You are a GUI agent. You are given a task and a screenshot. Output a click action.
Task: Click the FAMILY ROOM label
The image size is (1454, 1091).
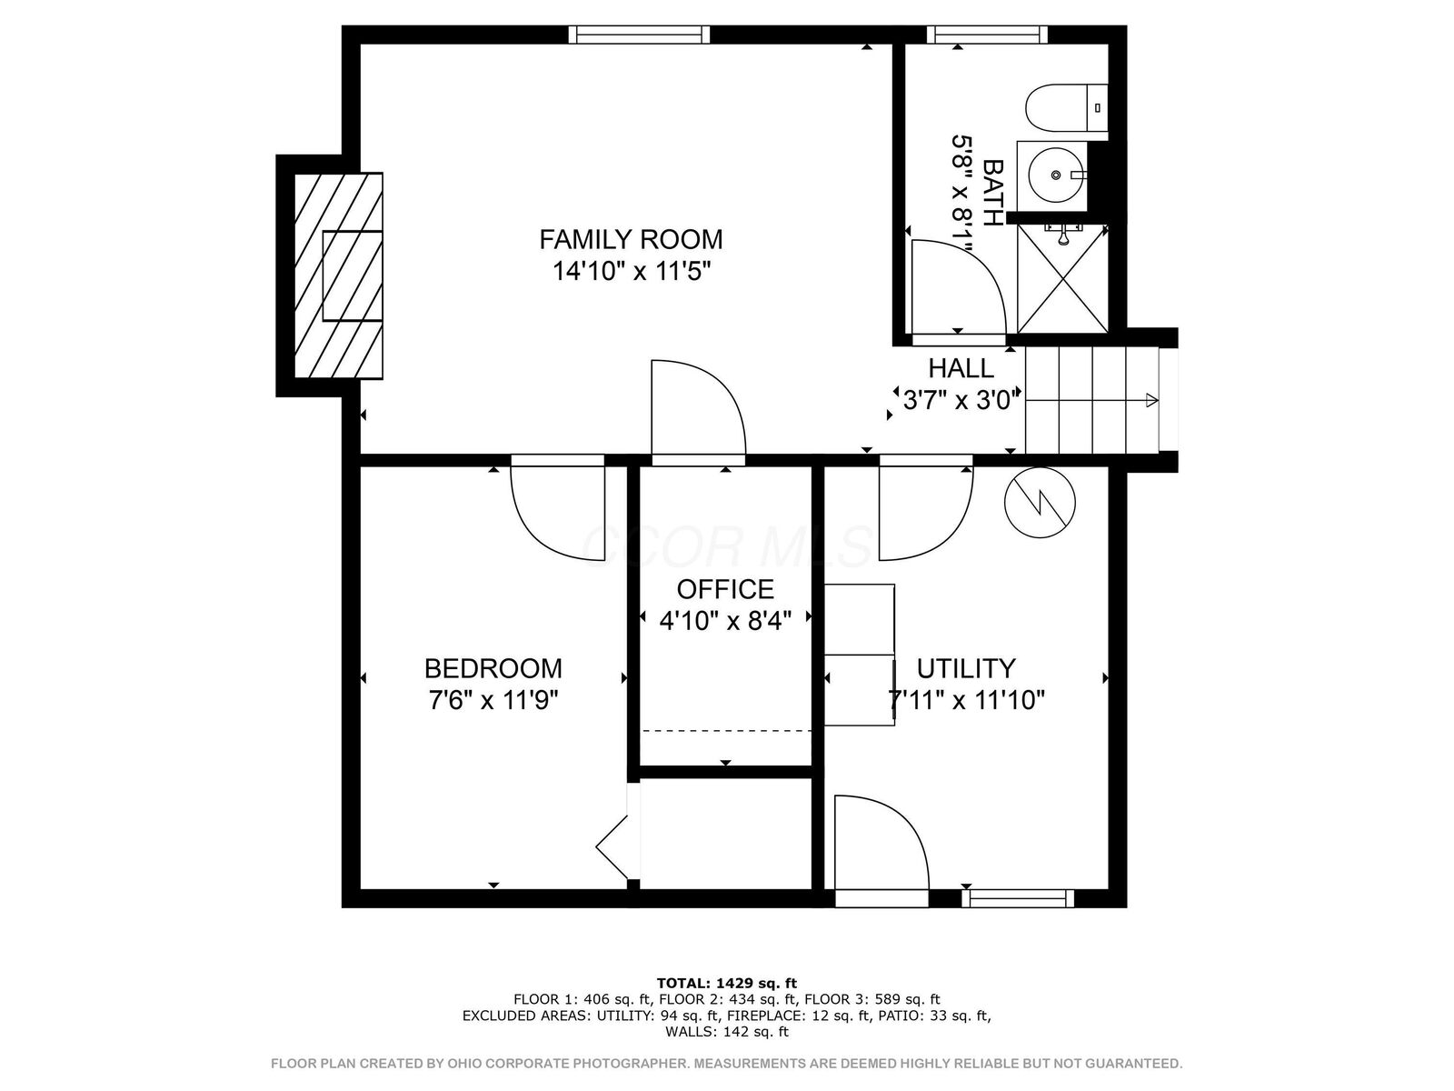pyautogui.click(x=631, y=239)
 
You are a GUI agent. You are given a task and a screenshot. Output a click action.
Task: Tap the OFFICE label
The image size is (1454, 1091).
pyautogui.click(x=725, y=589)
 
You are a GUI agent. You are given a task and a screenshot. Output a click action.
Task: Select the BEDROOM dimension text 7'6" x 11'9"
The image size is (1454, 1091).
pyautogui.click(x=493, y=701)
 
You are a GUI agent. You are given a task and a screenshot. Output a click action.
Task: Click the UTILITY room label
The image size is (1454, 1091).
pyautogui.click(x=965, y=668)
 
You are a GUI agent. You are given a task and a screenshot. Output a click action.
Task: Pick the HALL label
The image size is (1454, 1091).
pyautogui.click(x=961, y=368)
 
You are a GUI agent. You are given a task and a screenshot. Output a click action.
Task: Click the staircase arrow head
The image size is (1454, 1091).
pyautogui.click(x=1151, y=400)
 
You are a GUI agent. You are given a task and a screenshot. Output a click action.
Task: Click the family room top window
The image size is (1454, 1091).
pyautogui.click(x=639, y=35)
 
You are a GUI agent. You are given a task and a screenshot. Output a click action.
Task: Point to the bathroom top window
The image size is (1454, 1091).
pyautogui.click(x=987, y=35)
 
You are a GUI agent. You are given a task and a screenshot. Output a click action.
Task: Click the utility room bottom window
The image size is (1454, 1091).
pyautogui.click(x=1018, y=898)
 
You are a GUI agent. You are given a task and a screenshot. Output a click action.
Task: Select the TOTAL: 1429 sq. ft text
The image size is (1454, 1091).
pyautogui.click(x=726, y=983)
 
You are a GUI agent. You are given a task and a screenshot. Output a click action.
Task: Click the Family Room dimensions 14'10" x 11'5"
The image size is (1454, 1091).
pyautogui.click(x=631, y=271)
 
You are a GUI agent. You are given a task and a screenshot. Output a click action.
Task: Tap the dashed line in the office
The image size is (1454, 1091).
pyautogui.click(x=725, y=730)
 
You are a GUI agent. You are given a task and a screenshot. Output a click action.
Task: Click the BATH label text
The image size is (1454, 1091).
pyautogui.click(x=993, y=193)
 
